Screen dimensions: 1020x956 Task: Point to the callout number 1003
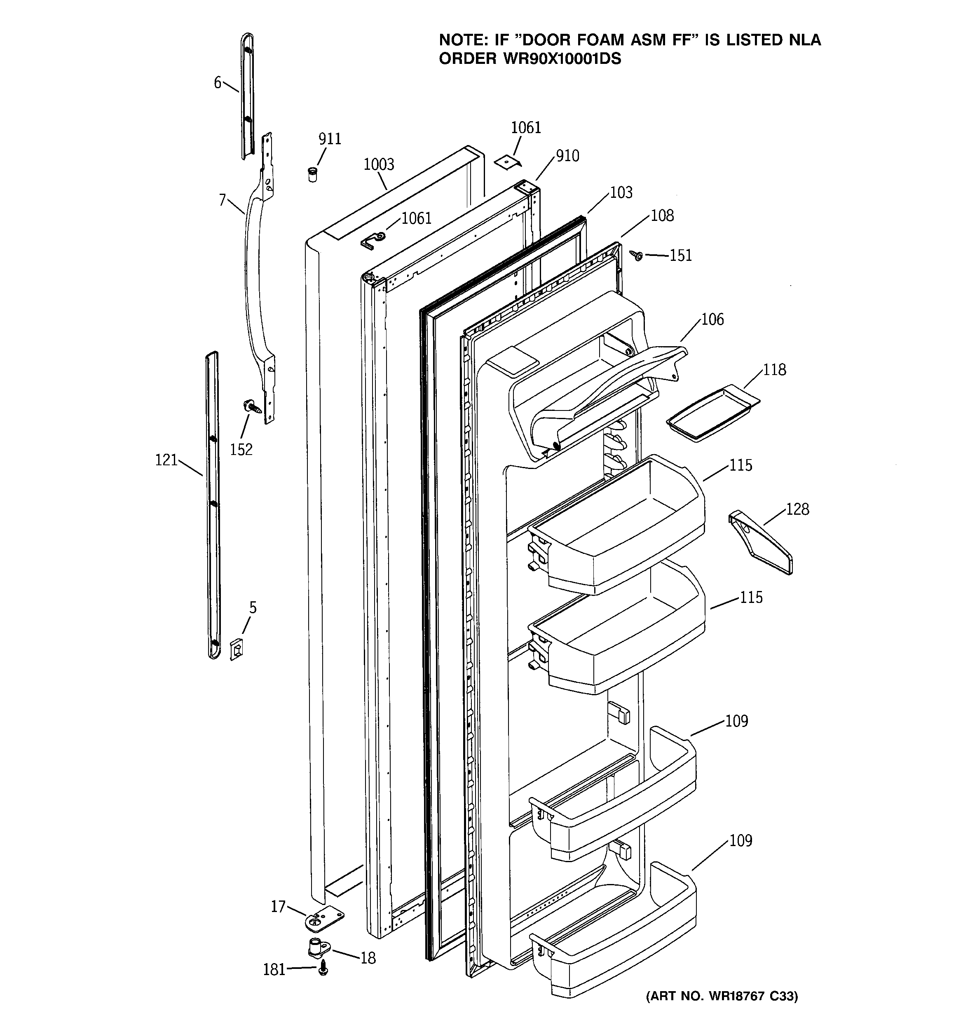(379, 165)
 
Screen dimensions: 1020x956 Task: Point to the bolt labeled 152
(252, 407)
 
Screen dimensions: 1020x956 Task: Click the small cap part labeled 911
(312, 174)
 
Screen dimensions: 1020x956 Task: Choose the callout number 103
(621, 193)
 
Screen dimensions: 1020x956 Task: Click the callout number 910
(567, 156)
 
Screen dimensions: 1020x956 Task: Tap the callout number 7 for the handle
(222, 199)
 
